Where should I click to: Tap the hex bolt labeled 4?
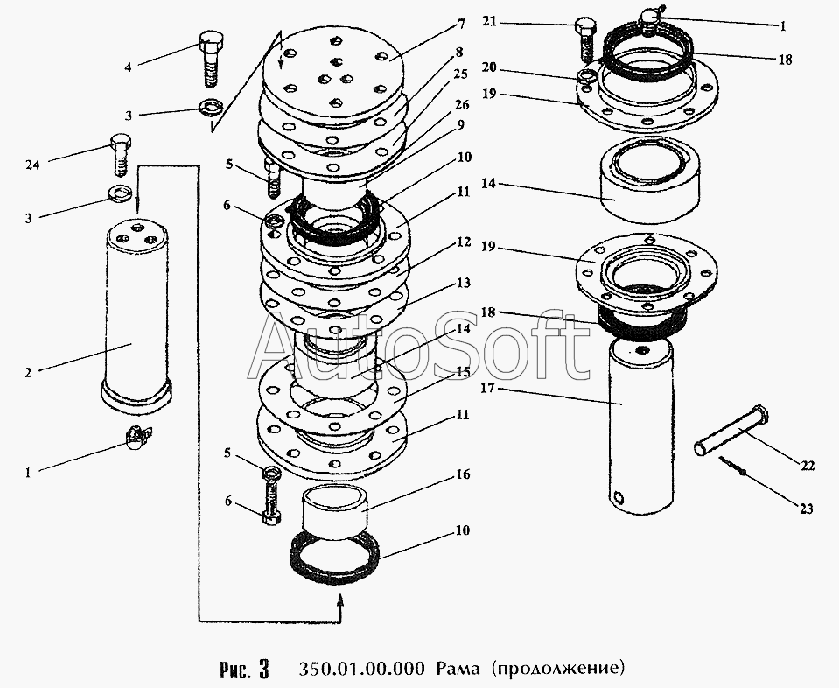click(211, 59)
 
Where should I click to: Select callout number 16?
click(463, 474)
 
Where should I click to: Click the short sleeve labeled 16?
click(333, 510)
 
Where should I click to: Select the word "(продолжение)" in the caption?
click(557, 670)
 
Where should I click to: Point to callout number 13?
click(463, 283)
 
